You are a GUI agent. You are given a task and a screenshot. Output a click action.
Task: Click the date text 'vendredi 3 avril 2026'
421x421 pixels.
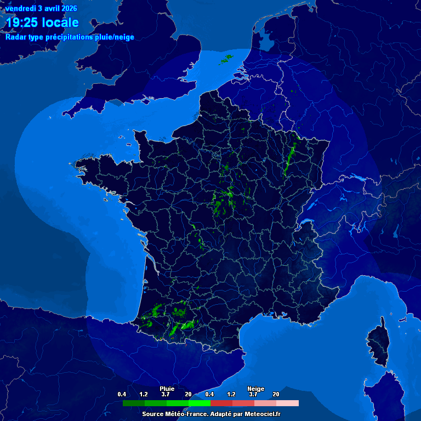[x=41, y=8]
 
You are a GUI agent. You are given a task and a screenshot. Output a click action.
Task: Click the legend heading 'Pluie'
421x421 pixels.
[x=167, y=389]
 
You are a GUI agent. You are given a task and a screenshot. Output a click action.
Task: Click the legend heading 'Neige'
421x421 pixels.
[x=255, y=389]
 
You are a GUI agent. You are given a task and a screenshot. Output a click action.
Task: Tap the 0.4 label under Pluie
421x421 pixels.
[x=122, y=394]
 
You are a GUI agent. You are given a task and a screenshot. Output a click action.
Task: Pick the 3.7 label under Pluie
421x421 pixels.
[x=166, y=394]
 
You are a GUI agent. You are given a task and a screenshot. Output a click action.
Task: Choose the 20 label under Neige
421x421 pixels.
[x=276, y=394]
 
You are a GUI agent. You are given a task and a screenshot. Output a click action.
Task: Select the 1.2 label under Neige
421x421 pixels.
[x=231, y=394]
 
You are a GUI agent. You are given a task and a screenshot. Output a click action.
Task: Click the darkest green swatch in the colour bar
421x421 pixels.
[x=134, y=403]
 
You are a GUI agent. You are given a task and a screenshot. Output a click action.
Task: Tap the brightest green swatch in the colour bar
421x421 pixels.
[x=200, y=403]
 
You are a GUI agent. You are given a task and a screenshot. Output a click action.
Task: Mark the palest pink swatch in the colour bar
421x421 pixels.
[x=288, y=403]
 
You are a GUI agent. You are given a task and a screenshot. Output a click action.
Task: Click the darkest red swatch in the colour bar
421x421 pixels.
[x=221, y=403]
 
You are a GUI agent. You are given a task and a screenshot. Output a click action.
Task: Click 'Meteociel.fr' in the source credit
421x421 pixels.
[x=261, y=414]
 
